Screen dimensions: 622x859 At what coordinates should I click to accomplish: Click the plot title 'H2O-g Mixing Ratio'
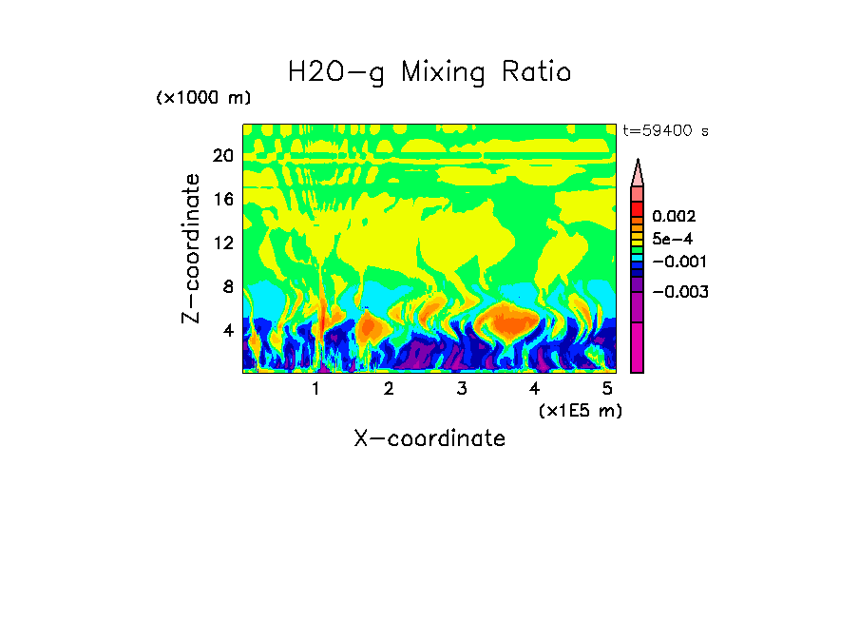(x=429, y=72)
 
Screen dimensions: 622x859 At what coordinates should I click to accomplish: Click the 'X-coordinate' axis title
(x=429, y=437)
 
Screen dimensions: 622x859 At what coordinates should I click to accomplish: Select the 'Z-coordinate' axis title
(x=192, y=249)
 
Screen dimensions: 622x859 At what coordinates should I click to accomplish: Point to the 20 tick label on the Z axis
(x=222, y=156)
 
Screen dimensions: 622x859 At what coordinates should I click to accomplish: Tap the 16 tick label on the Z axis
(x=222, y=200)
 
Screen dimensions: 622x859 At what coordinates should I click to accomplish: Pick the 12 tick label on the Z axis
(x=222, y=243)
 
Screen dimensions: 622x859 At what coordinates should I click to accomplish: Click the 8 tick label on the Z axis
(x=227, y=286)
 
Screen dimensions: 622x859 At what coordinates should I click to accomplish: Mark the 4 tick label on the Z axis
(x=227, y=330)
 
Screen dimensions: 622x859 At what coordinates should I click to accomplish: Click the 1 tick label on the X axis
(x=315, y=389)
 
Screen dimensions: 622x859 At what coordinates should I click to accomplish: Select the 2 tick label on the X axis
(x=389, y=389)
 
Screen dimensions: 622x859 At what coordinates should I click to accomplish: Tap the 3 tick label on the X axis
(x=461, y=389)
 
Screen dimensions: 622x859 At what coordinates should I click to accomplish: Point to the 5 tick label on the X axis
(x=606, y=389)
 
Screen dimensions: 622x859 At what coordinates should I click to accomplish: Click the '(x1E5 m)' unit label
(x=580, y=410)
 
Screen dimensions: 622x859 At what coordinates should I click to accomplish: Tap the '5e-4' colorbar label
(x=673, y=239)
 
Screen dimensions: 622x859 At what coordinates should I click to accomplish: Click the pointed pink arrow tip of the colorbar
(x=638, y=171)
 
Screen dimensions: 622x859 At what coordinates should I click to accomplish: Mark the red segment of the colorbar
(x=638, y=208)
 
